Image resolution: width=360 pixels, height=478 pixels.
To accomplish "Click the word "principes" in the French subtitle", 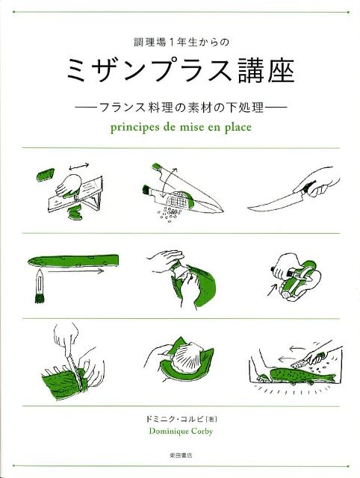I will pos(130,126).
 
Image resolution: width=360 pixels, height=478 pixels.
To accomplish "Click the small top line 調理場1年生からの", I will pos(180,45).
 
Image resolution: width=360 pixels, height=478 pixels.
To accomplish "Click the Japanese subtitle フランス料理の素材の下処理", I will pos(180,107).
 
